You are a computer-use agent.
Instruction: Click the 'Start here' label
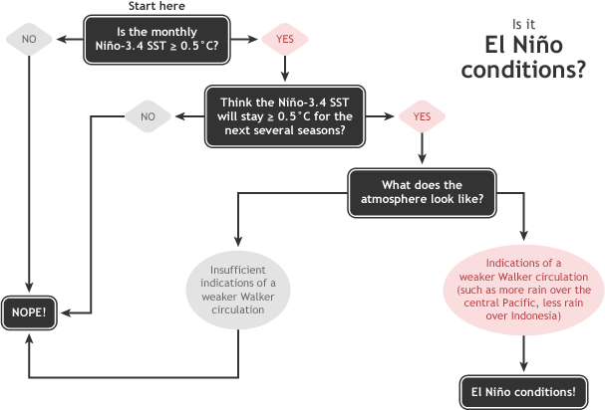tap(157, 7)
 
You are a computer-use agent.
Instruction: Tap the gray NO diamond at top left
tap(29, 39)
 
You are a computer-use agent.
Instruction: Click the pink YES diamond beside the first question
tap(284, 39)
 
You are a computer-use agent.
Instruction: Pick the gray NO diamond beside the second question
tap(148, 115)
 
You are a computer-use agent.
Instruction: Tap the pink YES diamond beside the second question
tap(422, 115)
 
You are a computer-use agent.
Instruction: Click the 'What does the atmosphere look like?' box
tap(422, 191)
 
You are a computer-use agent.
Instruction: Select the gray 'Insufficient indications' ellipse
tap(238, 289)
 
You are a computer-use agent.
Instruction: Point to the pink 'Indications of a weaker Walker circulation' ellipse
tap(523, 289)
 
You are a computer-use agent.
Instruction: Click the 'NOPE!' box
tap(29, 311)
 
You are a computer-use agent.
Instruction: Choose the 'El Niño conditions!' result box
tap(523, 391)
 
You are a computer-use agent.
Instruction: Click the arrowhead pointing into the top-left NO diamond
tap(61, 39)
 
